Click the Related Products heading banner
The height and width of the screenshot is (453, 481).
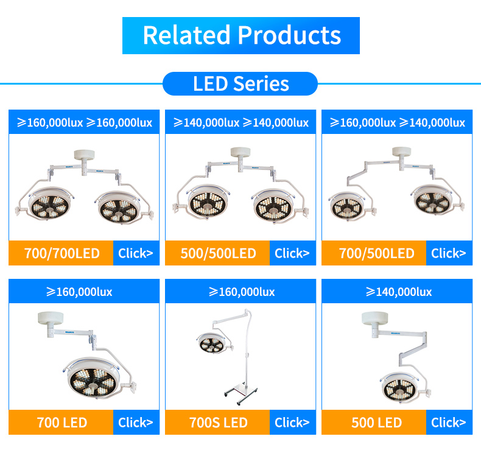241,35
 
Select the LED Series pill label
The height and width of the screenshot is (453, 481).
240,84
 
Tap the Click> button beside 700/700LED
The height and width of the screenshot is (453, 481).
136,253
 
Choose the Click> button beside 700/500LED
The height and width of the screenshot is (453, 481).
449,253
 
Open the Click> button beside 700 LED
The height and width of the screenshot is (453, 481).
136,423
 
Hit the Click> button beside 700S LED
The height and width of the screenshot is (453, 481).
293,423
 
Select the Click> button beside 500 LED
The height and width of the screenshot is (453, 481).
449,423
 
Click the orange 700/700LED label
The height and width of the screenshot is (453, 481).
61,253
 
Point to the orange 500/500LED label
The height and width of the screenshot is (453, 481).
217,253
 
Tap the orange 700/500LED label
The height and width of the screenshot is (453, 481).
374,253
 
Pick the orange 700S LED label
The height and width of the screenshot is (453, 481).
217,423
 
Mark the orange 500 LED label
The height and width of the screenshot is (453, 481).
374,423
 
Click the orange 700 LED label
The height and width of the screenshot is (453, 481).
61,423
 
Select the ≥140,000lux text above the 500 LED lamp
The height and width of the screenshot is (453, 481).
399,292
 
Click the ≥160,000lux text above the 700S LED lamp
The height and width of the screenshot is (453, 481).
242,292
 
